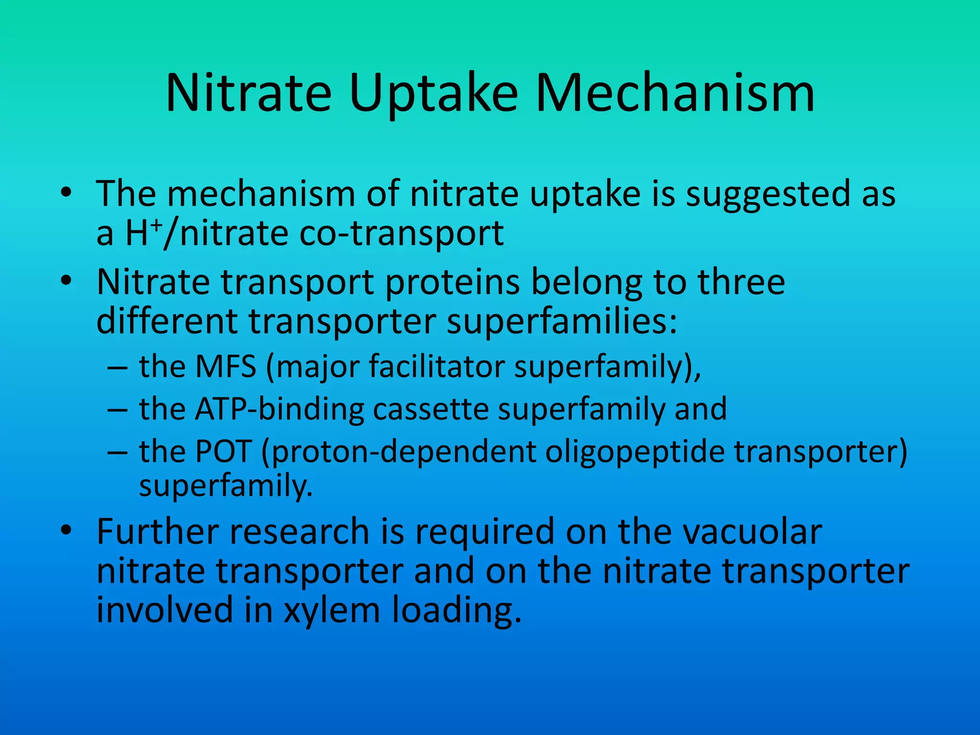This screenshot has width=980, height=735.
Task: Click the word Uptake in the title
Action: point(433,93)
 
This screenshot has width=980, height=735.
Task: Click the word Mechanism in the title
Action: point(675,93)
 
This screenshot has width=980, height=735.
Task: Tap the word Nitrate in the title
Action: point(248,93)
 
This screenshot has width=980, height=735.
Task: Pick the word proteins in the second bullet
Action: point(452,282)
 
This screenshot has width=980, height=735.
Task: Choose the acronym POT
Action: point(223,452)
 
